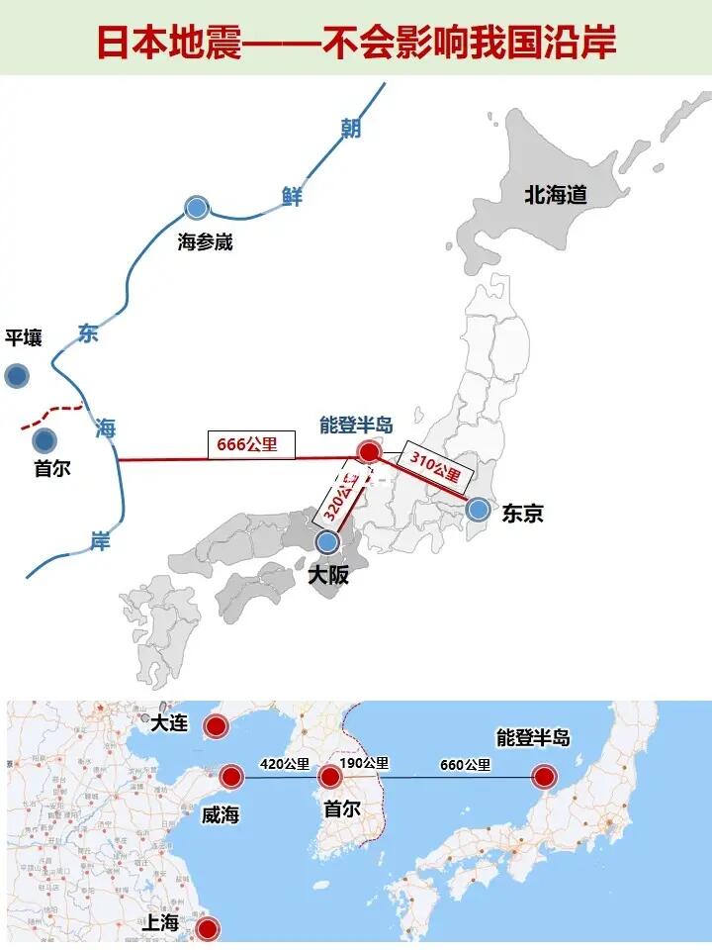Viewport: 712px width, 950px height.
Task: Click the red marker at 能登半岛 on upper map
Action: (x=369, y=452)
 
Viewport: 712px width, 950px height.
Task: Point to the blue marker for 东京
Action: (x=479, y=510)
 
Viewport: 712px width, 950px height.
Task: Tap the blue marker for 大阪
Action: (x=327, y=541)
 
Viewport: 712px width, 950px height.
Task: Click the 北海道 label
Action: (x=556, y=195)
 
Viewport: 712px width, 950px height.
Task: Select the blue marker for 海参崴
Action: (x=197, y=208)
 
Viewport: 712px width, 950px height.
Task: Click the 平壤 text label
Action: (x=24, y=338)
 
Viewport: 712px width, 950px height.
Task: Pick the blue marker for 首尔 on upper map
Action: (x=44, y=439)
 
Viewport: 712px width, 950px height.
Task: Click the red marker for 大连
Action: (x=215, y=726)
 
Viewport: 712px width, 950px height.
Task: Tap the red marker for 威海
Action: (x=232, y=777)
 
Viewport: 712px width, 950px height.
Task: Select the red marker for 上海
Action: (x=207, y=928)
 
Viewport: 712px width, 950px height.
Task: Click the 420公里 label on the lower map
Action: (x=284, y=764)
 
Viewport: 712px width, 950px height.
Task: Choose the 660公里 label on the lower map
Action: (x=465, y=764)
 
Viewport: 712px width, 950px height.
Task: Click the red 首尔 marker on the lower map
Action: (x=330, y=777)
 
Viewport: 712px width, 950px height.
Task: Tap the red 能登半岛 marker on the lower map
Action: (x=544, y=777)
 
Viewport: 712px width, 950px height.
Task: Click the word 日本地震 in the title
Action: (x=169, y=43)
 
